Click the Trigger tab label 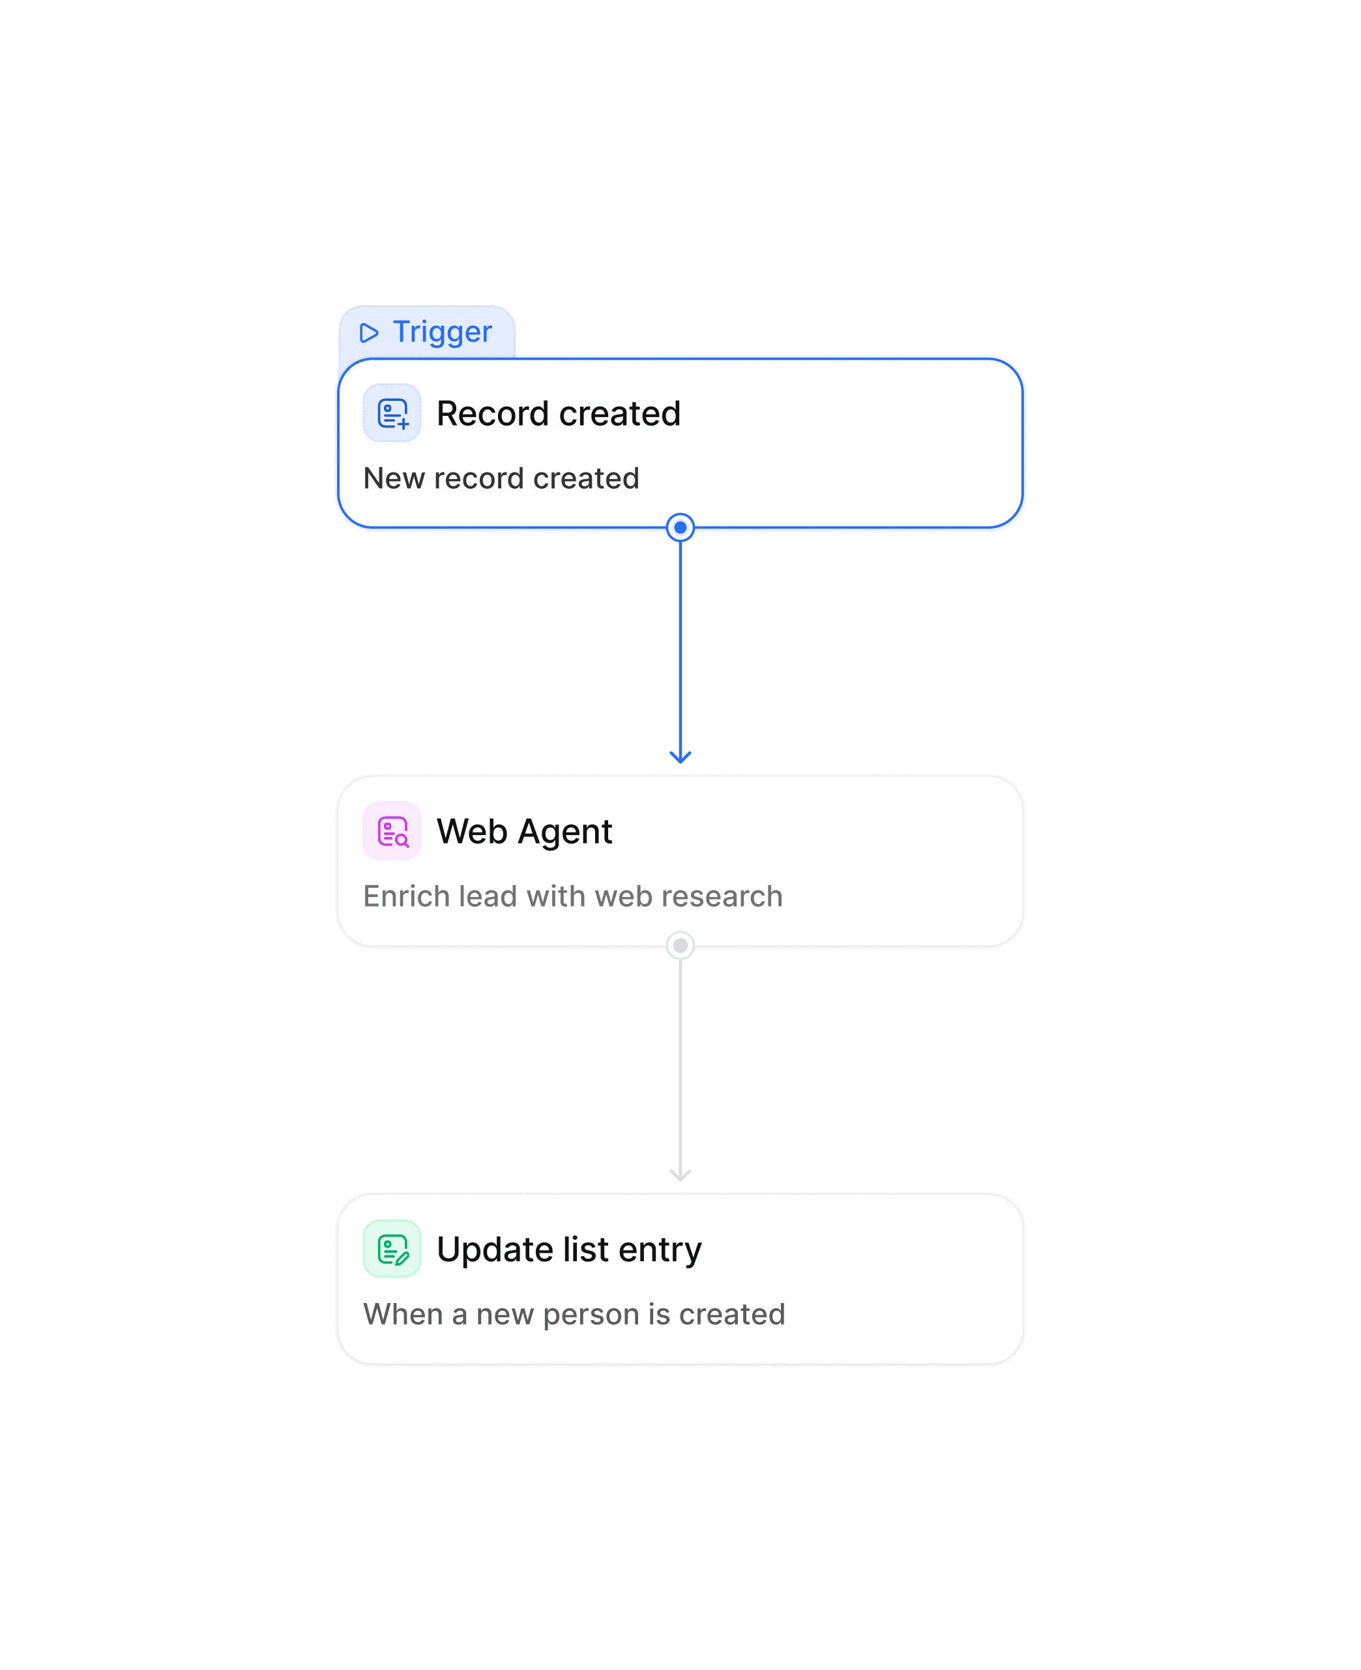442,332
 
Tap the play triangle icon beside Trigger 368,333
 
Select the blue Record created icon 392,413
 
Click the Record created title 558,413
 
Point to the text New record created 501,478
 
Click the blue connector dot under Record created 680,527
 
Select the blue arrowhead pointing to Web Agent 680,757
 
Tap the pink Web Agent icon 392,831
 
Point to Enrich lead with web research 573,896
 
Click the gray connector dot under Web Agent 680,946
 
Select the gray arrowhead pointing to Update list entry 680,1175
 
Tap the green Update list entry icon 392,1249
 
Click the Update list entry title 569,1250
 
